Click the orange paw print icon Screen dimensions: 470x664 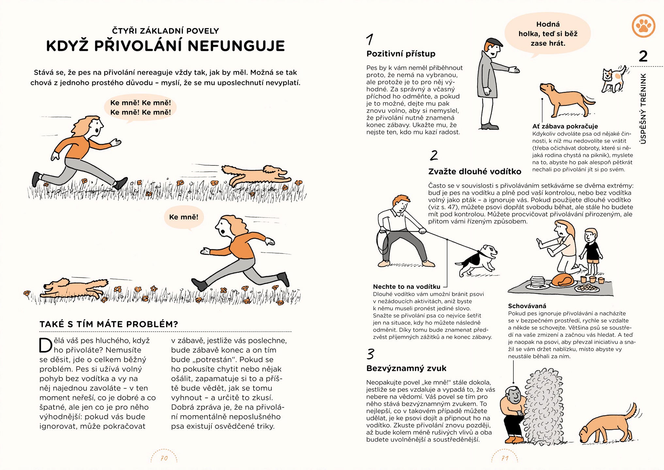(643, 26)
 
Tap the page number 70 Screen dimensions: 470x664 (164, 458)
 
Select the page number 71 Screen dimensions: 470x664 (505, 458)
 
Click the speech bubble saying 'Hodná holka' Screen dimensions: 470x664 (548, 34)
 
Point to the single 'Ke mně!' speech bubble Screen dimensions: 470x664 (184, 217)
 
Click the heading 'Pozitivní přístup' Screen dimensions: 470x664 (401, 54)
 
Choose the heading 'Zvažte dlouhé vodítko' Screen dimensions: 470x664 (475, 172)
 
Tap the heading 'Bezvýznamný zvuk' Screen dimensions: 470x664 (406, 368)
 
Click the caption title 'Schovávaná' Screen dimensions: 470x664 (527, 306)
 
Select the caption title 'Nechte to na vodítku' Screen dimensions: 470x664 (407, 287)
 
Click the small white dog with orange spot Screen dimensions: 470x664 (613, 79)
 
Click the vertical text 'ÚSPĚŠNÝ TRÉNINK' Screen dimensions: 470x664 (643, 109)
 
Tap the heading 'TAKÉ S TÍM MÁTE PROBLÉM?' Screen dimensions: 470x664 (109, 324)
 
